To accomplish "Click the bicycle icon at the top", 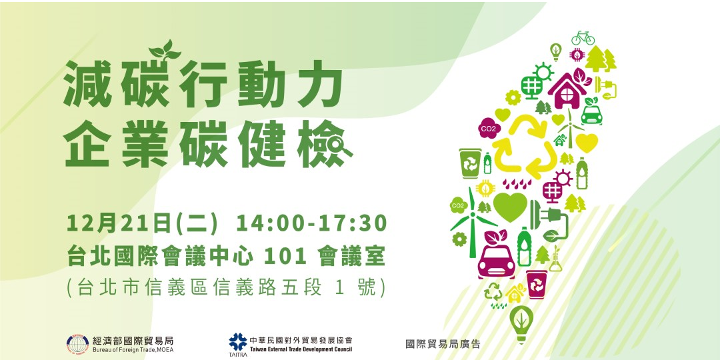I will [x=582, y=37].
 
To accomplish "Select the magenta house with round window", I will [x=567, y=89].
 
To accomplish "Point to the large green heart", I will [x=510, y=207].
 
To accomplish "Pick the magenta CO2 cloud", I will [x=489, y=128].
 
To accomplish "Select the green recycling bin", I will [x=470, y=163].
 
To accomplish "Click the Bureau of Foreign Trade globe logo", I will [x=77, y=344].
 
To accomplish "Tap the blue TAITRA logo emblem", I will [x=237, y=341].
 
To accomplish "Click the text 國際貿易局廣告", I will [x=443, y=344].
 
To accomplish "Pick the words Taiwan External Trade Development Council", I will [x=301, y=349].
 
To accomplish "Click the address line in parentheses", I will [x=226, y=287].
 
